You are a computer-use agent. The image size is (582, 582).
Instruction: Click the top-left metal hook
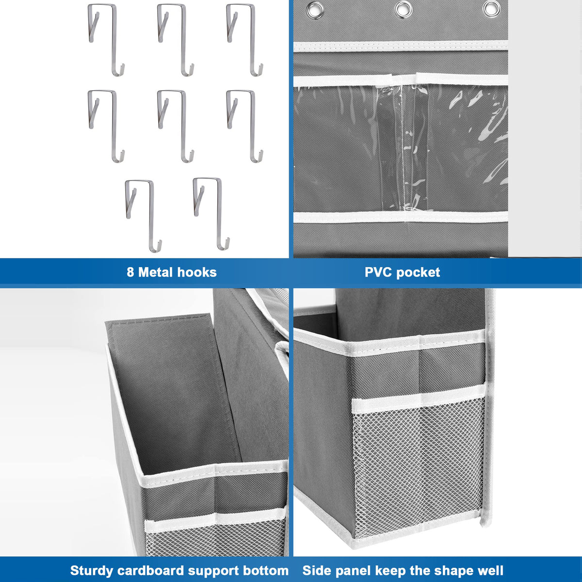(106, 39)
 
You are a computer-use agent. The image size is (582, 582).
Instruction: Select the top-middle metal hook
(175, 39)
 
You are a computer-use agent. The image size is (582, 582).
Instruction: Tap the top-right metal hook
(245, 39)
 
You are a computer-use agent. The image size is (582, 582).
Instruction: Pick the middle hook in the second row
(175, 125)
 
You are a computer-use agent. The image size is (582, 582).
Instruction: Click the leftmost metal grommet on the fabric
(314, 8)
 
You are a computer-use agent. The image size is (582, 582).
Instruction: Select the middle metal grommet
(403, 8)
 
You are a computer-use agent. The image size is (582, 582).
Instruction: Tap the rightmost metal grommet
(490, 8)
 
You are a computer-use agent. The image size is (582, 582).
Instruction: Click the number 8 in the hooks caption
(130, 272)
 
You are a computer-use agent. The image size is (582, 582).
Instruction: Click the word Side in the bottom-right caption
(315, 570)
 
